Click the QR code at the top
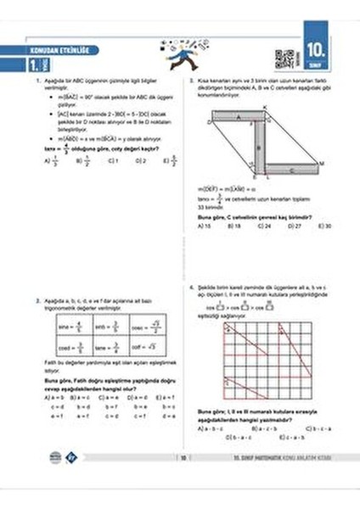pyautogui.click(x=283, y=60)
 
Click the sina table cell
pyautogui.click(x=71, y=325)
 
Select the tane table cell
pyautogui.click(x=109, y=346)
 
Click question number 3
pyautogui.click(x=192, y=81)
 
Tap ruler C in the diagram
pyautogui.click(x=289, y=170)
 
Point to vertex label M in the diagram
pyautogui.click(x=322, y=163)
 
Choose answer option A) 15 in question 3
pyautogui.click(x=202, y=227)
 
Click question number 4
pyautogui.click(x=192, y=289)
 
